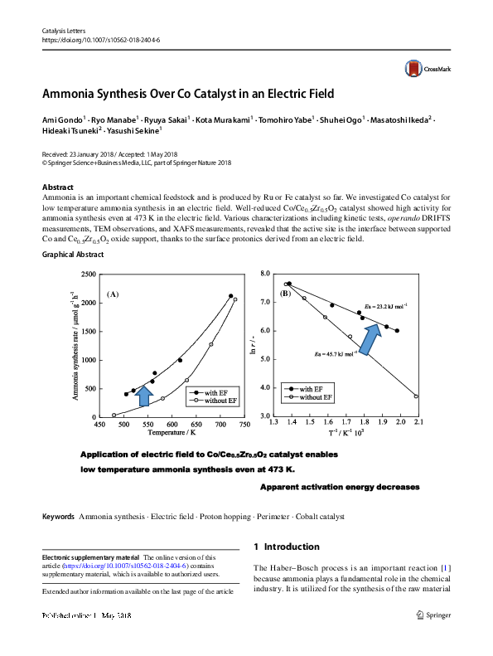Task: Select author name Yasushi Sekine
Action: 135,130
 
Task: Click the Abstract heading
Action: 57,187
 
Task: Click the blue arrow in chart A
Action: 143,396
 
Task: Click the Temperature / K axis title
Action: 172,433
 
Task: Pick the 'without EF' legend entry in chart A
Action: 215,401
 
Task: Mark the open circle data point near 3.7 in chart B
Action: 416,396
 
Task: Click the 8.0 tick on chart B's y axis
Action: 266,274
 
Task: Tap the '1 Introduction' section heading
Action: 286,547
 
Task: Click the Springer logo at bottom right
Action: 432,615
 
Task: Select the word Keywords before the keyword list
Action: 58,517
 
